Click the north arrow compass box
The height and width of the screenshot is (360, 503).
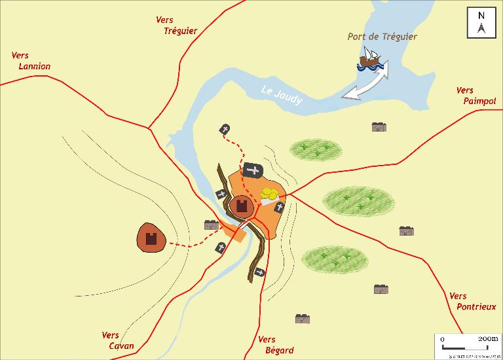(x=481, y=23)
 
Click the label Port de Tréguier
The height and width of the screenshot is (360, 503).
(x=382, y=37)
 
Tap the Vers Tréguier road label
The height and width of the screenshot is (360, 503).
(x=176, y=26)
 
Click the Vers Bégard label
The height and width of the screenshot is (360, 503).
(x=276, y=345)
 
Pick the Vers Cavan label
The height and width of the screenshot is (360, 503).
(x=118, y=340)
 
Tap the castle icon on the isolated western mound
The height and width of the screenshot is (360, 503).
(x=152, y=238)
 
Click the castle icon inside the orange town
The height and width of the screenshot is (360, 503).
(x=242, y=207)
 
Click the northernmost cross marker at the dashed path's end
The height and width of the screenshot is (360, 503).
(x=225, y=130)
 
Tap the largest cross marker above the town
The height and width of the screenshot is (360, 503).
(x=253, y=171)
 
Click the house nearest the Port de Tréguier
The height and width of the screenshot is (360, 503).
(x=379, y=127)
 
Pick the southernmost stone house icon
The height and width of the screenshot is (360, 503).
(x=303, y=319)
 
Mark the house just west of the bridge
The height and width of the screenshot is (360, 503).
(x=211, y=225)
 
